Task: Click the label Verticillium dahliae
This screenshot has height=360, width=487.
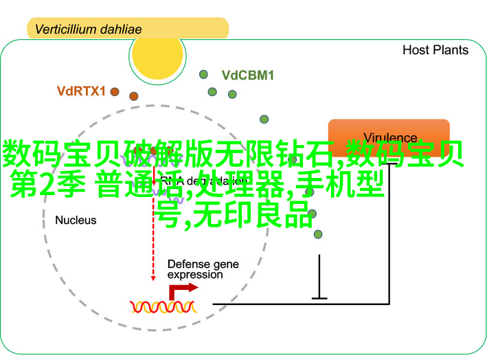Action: pos(88,30)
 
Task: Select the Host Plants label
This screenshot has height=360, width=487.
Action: pos(435,50)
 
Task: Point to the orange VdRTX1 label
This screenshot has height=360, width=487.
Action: pos(81,91)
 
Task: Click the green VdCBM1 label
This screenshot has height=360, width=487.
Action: pos(247,76)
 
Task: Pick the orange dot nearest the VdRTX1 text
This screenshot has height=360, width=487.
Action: pos(114,91)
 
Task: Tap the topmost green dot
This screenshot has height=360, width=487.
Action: pos(203,74)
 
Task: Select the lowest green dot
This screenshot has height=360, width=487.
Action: pos(318,234)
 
